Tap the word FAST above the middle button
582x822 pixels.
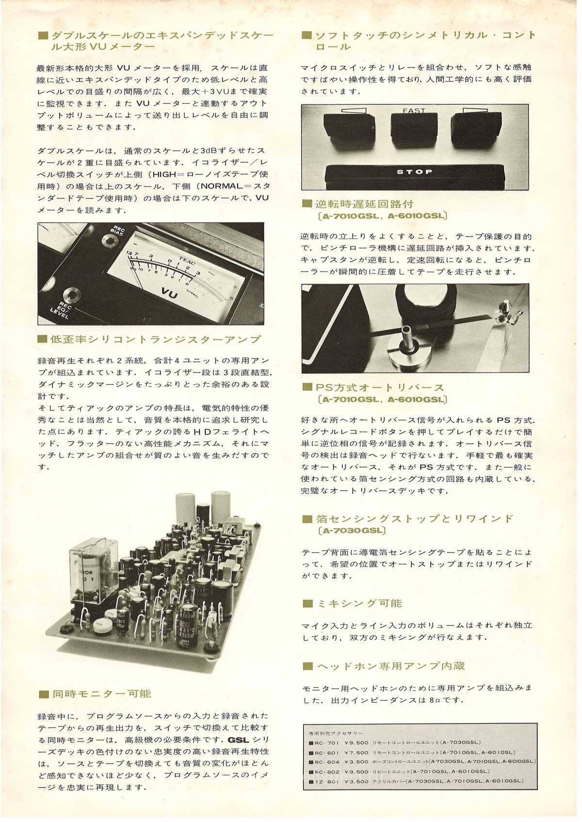point(414,111)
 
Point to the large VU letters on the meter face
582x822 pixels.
point(169,292)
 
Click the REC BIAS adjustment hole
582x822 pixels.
point(108,241)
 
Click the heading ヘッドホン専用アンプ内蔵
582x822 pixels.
point(390,666)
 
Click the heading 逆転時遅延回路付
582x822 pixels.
point(364,204)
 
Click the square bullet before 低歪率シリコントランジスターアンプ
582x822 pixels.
point(43,339)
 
